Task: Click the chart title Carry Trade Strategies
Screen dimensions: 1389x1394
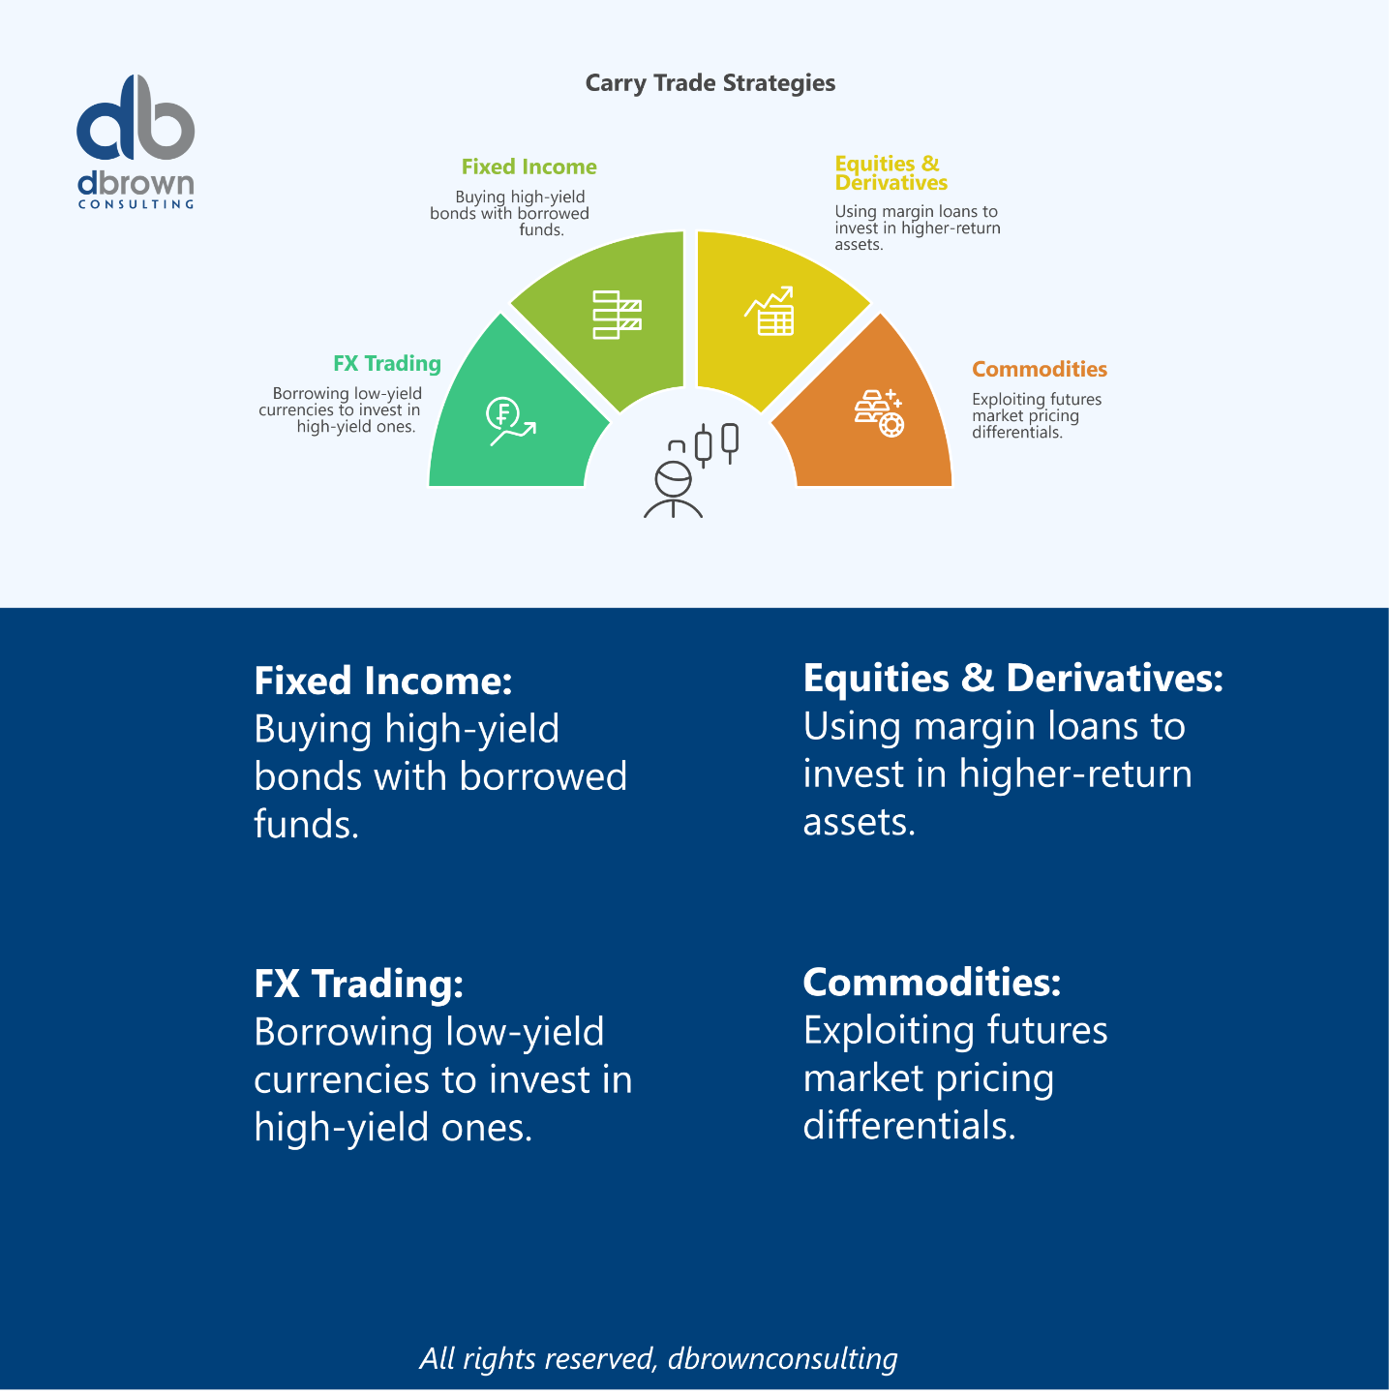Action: pyautogui.click(x=710, y=83)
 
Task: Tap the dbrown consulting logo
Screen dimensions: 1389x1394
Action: pyautogui.click(x=136, y=141)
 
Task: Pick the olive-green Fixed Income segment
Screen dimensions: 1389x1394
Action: pyautogui.click(x=610, y=310)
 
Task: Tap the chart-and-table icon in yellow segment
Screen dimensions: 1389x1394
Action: pyautogui.click(x=770, y=311)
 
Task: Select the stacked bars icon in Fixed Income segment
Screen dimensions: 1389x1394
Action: pyautogui.click(x=617, y=315)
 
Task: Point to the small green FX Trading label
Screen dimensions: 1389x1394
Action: pyautogui.click(x=387, y=364)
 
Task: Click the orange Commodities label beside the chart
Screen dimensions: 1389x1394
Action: pyautogui.click(x=1039, y=370)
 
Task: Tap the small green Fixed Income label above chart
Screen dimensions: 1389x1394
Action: pyautogui.click(x=528, y=167)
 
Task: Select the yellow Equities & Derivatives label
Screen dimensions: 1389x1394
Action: pyautogui.click(x=890, y=173)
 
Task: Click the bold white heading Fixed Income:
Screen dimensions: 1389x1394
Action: pyautogui.click(x=382, y=682)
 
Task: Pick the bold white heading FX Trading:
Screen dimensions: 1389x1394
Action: pyautogui.click(x=358, y=984)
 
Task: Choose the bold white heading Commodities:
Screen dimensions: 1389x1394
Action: pyautogui.click(x=931, y=983)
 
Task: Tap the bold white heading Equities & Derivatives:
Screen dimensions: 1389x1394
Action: pyautogui.click(x=1012, y=679)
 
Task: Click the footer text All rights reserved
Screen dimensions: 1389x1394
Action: pyautogui.click(x=658, y=1358)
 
